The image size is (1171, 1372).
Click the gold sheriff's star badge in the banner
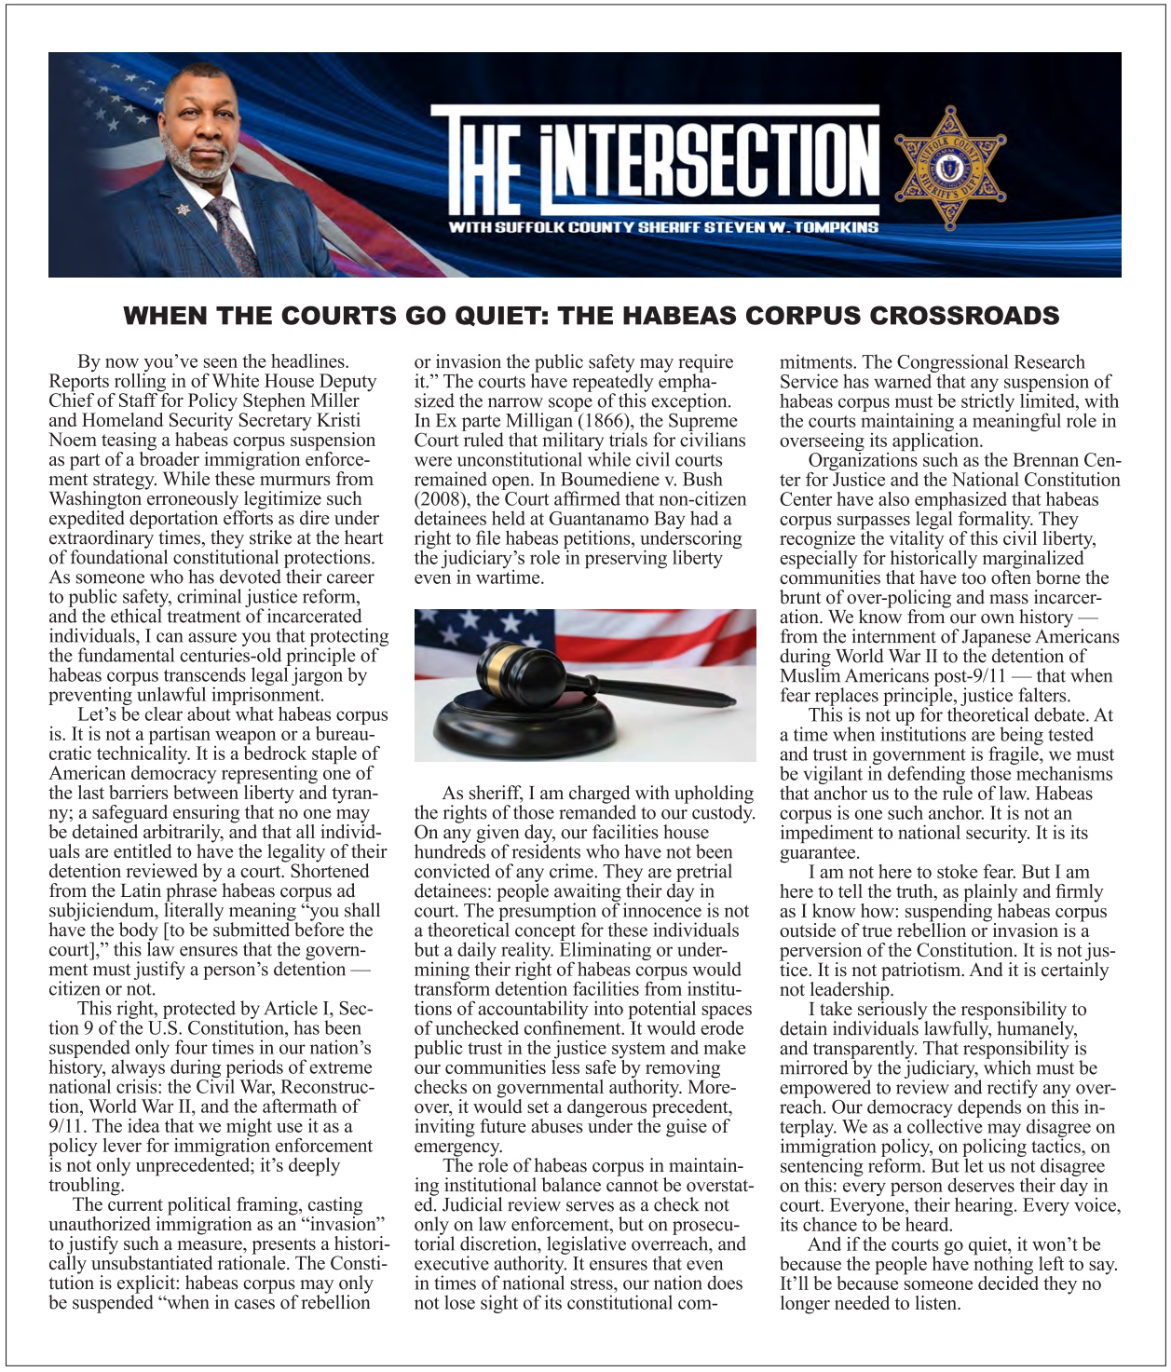950,169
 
